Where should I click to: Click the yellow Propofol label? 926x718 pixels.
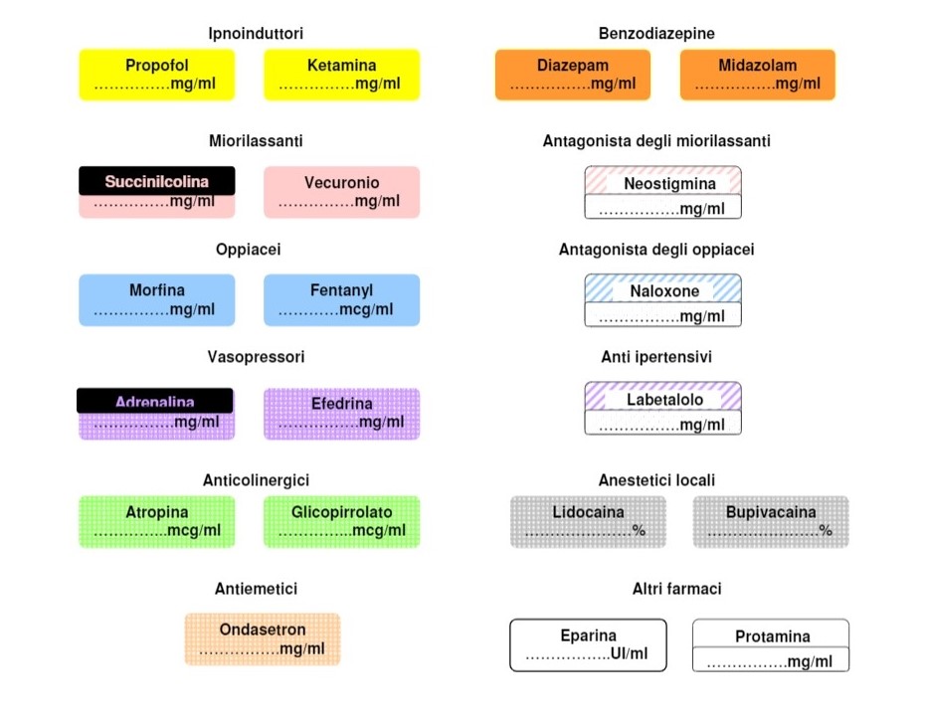click(x=157, y=75)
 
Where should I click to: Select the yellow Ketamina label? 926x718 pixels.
click(x=342, y=75)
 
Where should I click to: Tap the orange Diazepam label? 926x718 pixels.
click(x=573, y=75)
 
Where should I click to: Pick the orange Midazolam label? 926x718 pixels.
click(x=758, y=75)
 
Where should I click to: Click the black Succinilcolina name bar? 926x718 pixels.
click(x=157, y=181)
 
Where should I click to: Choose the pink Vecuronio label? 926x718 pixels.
click(x=342, y=192)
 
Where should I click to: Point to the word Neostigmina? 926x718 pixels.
click(x=669, y=184)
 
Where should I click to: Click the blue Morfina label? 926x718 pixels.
click(x=157, y=300)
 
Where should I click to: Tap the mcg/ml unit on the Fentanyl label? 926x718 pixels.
click(x=366, y=310)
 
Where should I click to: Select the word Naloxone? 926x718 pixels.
click(x=664, y=291)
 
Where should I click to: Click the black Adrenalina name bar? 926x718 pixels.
click(x=155, y=401)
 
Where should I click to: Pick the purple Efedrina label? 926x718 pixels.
click(x=342, y=414)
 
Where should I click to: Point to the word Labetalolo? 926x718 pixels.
click(x=665, y=400)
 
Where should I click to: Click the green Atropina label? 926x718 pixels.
click(x=157, y=522)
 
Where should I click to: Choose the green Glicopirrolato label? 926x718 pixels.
click(x=342, y=522)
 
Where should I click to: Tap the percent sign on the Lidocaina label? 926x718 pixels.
click(x=639, y=530)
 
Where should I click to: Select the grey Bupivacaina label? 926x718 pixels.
click(x=771, y=522)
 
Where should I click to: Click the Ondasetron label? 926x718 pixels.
click(x=263, y=639)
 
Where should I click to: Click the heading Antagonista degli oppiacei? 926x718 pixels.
click(x=656, y=250)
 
